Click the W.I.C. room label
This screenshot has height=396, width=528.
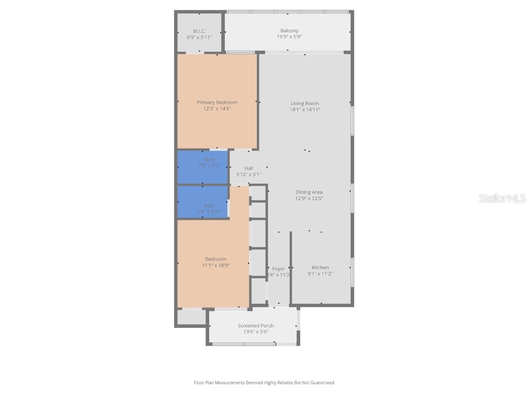point(199,31)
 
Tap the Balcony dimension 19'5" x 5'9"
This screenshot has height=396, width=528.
point(289,37)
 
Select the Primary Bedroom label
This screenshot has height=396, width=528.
point(217,102)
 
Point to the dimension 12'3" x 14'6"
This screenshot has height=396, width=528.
point(217,108)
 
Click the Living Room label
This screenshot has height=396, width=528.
point(305,103)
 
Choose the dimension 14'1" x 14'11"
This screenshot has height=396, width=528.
point(305,109)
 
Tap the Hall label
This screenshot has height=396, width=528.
point(249,168)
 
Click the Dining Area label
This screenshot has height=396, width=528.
point(309,192)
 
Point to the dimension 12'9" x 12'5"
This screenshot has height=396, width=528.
point(309,199)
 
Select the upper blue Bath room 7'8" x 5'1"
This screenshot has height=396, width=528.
point(203,167)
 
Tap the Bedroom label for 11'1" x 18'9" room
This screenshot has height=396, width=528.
point(216,259)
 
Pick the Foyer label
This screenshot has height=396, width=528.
point(278,269)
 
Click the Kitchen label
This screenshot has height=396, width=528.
point(320,267)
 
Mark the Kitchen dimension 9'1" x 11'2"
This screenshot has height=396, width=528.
point(320,274)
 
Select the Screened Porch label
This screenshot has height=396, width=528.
point(256,325)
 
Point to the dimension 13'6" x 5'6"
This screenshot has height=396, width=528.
point(256,332)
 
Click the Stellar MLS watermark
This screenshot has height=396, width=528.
point(502,198)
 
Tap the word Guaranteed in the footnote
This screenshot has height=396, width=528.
point(322,383)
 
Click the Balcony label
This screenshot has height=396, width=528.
point(289,31)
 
